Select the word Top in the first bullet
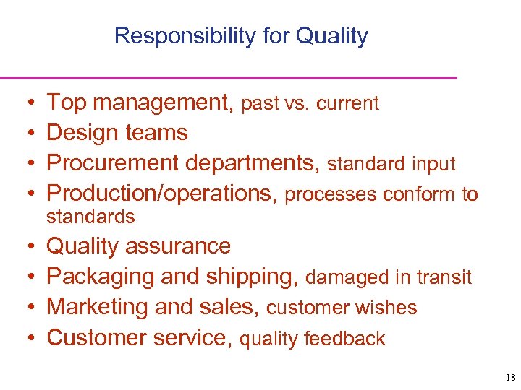(67, 103)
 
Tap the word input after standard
(433, 165)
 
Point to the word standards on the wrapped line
(90, 217)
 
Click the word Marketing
(97, 307)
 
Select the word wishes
(390, 308)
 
